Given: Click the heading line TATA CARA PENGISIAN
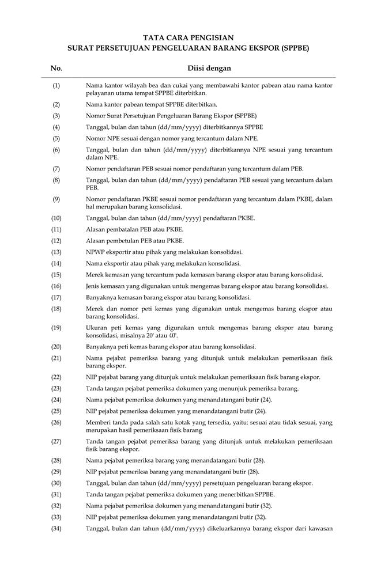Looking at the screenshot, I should pos(188,37).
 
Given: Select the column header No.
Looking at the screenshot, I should pos(56,69).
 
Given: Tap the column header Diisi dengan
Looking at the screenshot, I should pos(209,69).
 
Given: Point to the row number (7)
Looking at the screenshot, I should pos(56,169).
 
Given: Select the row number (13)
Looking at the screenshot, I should pos(56,252).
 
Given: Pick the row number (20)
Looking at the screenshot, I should pos(56,347).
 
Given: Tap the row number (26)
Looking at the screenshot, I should pos(56,422).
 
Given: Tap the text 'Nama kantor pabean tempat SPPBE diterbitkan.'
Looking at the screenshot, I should pos(151,104).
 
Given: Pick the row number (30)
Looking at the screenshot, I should pos(56,483).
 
